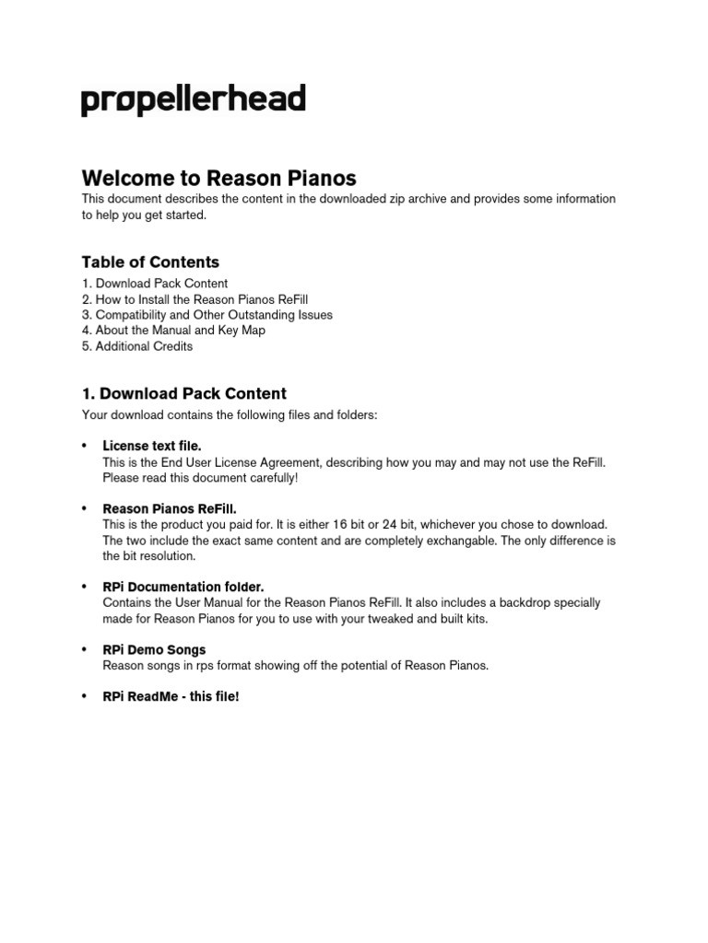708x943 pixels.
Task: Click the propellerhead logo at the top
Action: [x=194, y=100]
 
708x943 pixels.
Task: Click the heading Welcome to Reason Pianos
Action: [x=219, y=177]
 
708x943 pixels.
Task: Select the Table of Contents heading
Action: [x=150, y=262]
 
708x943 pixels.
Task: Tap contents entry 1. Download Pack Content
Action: [x=155, y=284]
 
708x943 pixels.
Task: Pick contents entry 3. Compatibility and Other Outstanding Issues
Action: [x=207, y=315]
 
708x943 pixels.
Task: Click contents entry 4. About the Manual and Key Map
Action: [x=173, y=331]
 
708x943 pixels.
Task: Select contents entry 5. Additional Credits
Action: [x=137, y=346]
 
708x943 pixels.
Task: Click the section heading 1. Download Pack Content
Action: [x=184, y=393]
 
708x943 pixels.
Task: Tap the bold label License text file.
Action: [x=152, y=446]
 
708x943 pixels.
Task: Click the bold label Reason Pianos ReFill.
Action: [x=170, y=508]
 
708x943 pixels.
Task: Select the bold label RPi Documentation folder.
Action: [x=183, y=587]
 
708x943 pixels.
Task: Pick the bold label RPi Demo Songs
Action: [x=154, y=649]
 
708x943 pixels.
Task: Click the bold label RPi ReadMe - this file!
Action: [x=171, y=696]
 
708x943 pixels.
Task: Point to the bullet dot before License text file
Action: [x=86, y=446]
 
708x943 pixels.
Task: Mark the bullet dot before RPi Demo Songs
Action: [x=86, y=649]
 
